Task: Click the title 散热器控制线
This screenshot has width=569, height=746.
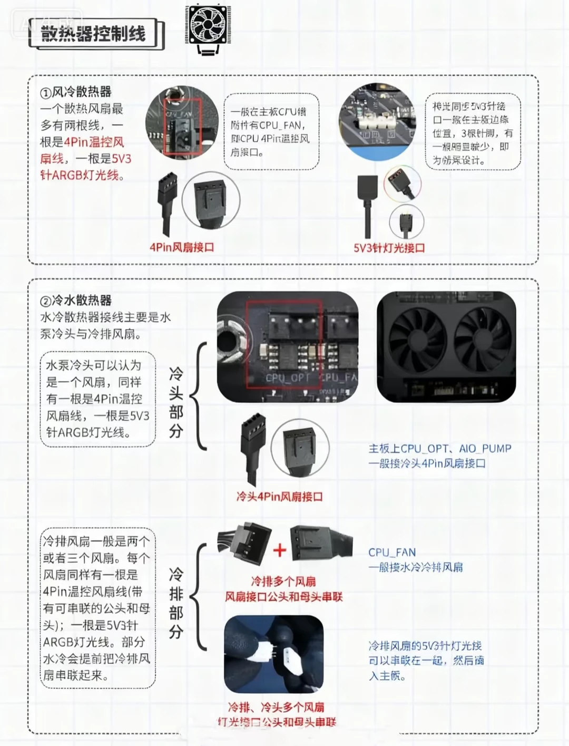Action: coord(93,34)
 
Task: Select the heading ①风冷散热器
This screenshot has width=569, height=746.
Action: coord(76,92)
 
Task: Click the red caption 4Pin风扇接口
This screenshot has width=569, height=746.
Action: coord(182,247)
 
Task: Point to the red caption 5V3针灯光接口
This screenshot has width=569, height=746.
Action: coord(389,247)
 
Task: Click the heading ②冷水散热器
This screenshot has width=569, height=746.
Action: coord(76,301)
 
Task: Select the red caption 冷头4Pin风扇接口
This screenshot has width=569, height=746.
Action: coord(279,496)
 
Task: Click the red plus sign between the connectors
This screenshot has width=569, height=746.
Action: coord(280,550)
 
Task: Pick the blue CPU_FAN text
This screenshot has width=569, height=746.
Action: coord(392,553)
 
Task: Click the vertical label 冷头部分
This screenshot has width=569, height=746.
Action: coord(176,403)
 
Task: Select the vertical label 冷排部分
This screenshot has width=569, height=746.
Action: coord(176,603)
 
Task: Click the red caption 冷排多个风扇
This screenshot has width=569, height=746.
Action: coord(283,582)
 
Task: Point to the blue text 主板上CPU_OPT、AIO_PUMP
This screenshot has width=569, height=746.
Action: coord(440,449)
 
